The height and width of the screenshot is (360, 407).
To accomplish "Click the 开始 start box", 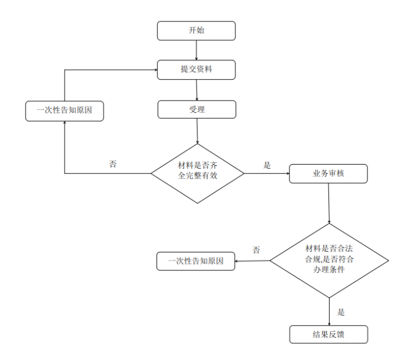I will (196, 31).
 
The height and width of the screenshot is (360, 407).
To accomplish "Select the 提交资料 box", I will (196, 70).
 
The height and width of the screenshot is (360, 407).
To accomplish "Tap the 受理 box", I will (197, 109).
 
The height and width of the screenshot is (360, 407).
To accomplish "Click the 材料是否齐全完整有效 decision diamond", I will (197, 173).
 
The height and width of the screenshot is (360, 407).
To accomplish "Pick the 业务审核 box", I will (329, 173).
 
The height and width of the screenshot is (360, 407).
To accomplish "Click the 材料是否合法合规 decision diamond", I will (329, 261).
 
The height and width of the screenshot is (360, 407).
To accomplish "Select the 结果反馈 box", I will (329, 334).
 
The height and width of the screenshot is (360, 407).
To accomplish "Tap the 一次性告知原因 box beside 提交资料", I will (65, 111).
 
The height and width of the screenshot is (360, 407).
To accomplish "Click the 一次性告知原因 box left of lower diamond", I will (196, 261).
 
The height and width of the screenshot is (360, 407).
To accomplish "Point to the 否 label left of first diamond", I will (113, 164).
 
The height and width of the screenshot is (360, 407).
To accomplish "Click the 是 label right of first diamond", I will (267, 165).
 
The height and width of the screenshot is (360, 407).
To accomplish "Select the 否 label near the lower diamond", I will (256, 250).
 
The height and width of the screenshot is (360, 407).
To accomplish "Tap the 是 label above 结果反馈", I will (341, 312).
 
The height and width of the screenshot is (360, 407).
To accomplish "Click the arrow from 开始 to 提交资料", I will (196, 50).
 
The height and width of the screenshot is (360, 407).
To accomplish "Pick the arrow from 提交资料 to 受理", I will (197, 90).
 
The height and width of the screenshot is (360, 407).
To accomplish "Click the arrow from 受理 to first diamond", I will (198, 131).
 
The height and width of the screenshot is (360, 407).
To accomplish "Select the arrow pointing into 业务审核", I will (267, 173).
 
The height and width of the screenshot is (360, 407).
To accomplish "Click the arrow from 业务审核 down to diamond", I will (329, 203).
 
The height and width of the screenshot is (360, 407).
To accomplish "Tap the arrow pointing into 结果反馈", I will (329, 312).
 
